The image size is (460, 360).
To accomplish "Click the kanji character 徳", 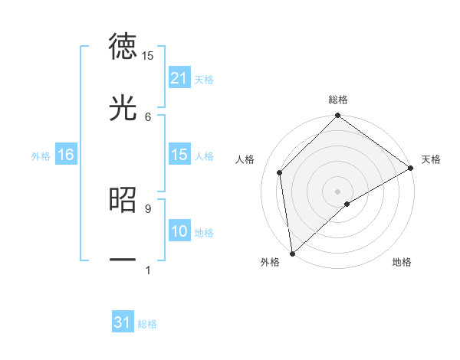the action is tap(123, 46).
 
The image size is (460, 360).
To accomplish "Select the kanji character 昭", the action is tap(123, 199).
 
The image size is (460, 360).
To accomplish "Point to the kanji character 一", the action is tap(123, 260).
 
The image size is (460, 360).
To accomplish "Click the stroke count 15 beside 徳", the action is tap(148, 55).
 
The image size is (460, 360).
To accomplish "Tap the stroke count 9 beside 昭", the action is tap(148, 208).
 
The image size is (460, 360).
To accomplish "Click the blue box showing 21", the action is tap(179, 78).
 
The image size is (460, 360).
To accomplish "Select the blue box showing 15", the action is tap(179, 155).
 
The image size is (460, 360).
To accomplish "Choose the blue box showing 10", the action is tap(179, 231).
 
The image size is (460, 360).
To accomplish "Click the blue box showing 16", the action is tap(65, 155).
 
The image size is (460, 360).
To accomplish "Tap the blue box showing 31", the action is tap(123, 322).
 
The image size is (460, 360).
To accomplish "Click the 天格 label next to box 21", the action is tap(204, 79).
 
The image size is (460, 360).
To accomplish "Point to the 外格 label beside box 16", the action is tap(41, 155).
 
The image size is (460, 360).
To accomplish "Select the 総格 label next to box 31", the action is tap(147, 323).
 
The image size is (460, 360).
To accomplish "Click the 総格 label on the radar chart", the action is tap(338, 100).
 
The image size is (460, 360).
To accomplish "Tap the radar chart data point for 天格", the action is tap(411, 169).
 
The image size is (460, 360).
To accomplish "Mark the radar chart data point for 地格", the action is tap(347, 204).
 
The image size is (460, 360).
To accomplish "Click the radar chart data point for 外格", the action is tap(292, 253).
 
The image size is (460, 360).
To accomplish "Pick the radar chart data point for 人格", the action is tap(280, 172).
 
